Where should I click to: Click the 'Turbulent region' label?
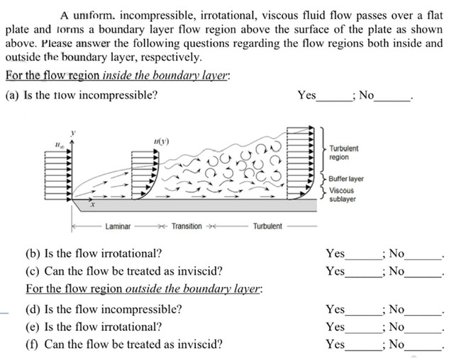click(x=344, y=152)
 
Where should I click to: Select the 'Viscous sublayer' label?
click(x=343, y=195)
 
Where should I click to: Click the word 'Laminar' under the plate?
click(x=118, y=227)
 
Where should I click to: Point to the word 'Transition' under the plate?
click(x=187, y=227)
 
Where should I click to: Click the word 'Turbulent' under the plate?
click(x=267, y=227)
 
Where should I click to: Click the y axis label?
click(x=71, y=132)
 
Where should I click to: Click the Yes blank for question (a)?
click(x=333, y=97)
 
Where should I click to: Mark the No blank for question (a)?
click(x=392, y=97)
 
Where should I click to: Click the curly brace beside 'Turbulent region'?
click(x=323, y=150)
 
